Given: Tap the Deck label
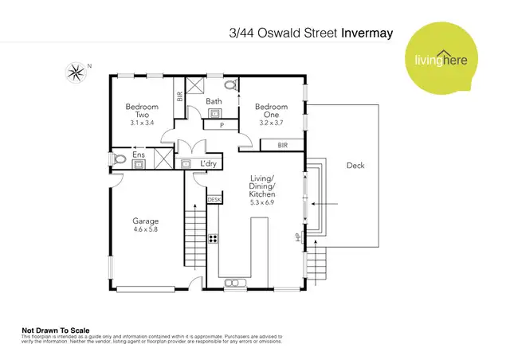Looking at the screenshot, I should pos(355,166).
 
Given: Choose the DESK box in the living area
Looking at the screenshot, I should pos(214,199).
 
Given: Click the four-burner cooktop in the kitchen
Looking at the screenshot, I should pos(214,237).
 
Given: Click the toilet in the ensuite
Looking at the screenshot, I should pos(118,160).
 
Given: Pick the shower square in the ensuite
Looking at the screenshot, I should pos(163,158).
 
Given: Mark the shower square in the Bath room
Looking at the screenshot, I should pos(195,87).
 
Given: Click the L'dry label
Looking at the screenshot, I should pos(209,164).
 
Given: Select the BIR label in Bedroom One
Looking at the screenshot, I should pos(283,146).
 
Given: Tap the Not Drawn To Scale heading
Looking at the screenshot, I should pos(55,330).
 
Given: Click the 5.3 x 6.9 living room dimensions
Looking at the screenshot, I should pos(262,203).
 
